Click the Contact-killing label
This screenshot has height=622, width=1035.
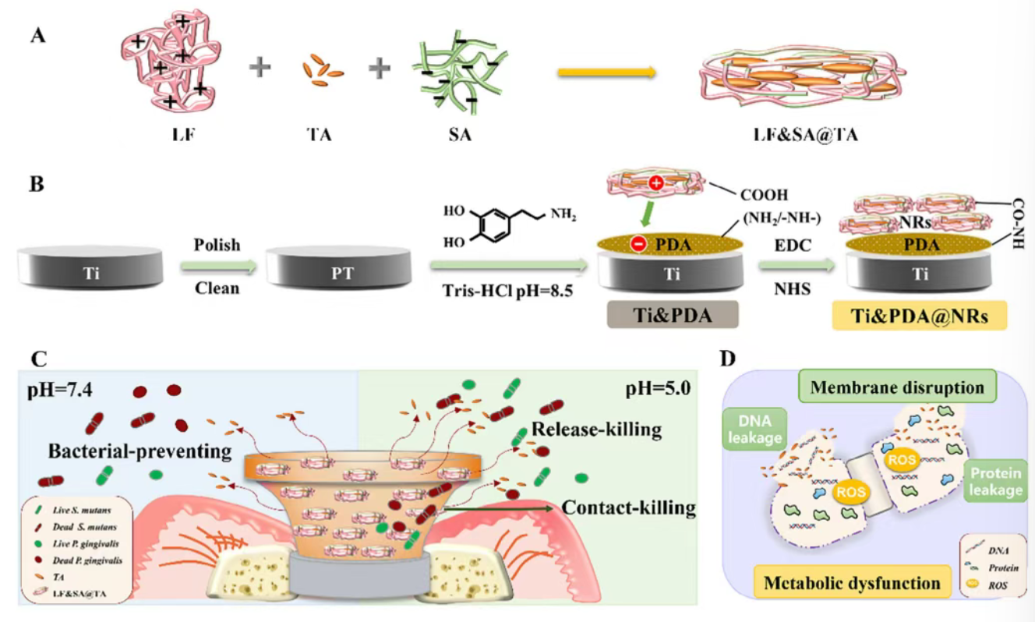[628, 508]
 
